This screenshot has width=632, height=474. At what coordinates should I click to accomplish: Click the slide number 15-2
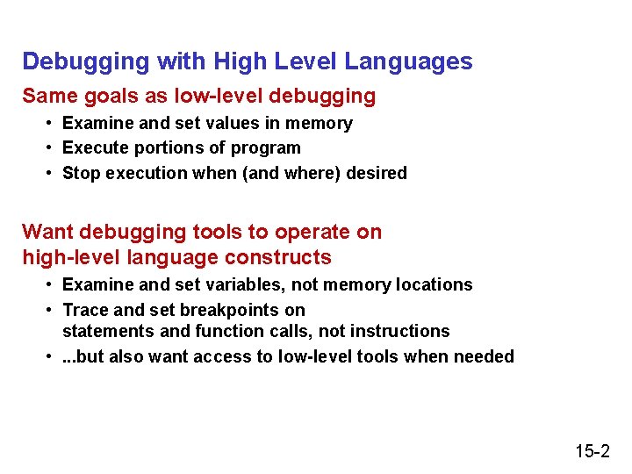pyautogui.click(x=592, y=451)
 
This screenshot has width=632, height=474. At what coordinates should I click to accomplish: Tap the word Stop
pyautogui.click(x=82, y=173)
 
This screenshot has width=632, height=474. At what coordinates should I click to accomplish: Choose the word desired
pyautogui.click(x=377, y=173)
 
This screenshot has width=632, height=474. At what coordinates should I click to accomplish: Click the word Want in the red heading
pyautogui.click(x=47, y=232)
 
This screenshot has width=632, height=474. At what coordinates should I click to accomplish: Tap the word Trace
pyautogui.click(x=86, y=310)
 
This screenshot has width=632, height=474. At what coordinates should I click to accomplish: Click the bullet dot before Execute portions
pyautogui.click(x=52, y=148)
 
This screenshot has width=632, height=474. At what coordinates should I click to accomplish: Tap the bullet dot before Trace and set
pyautogui.click(x=52, y=310)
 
